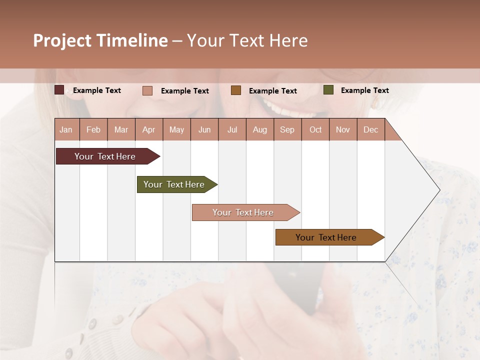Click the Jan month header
pyautogui.click(x=66, y=129)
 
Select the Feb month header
pyautogui.click(x=93, y=129)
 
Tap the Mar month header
pyautogui.click(x=121, y=129)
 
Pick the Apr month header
pyautogui.click(x=149, y=129)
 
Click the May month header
pyautogui.click(x=176, y=129)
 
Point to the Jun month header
pyautogui.click(x=204, y=129)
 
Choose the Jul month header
pyautogui.click(x=232, y=129)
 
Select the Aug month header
pyautogui.click(x=260, y=129)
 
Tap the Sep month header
pyautogui.click(x=287, y=129)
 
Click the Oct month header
pyautogui.click(x=315, y=129)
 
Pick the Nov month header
pyautogui.click(x=343, y=129)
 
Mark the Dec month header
pyautogui.click(x=370, y=129)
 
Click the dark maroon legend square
pyautogui.click(x=59, y=90)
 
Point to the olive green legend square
pyautogui.click(x=328, y=90)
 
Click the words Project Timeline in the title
pyautogui.click(x=100, y=40)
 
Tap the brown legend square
pyautogui.click(x=236, y=90)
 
